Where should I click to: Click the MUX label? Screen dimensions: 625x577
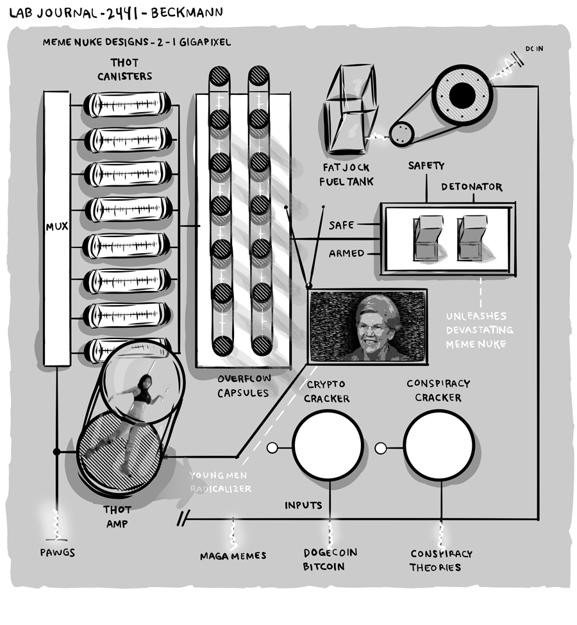(56, 227)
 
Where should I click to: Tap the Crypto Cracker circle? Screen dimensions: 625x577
(328, 445)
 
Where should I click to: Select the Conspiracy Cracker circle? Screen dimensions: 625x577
(439, 445)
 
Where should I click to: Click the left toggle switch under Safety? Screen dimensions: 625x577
(428, 238)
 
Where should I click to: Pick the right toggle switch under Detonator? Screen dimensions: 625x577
(472, 238)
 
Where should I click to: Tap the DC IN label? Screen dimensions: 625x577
(534, 49)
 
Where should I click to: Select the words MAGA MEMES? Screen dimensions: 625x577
(233, 556)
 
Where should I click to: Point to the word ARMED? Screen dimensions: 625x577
(346, 254)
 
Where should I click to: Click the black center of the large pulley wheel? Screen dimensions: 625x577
(462, 96)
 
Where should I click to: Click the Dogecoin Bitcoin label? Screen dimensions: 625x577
(330, 559)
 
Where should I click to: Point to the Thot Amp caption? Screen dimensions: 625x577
(117, 517)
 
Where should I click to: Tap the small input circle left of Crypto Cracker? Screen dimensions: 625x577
(272, 447)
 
